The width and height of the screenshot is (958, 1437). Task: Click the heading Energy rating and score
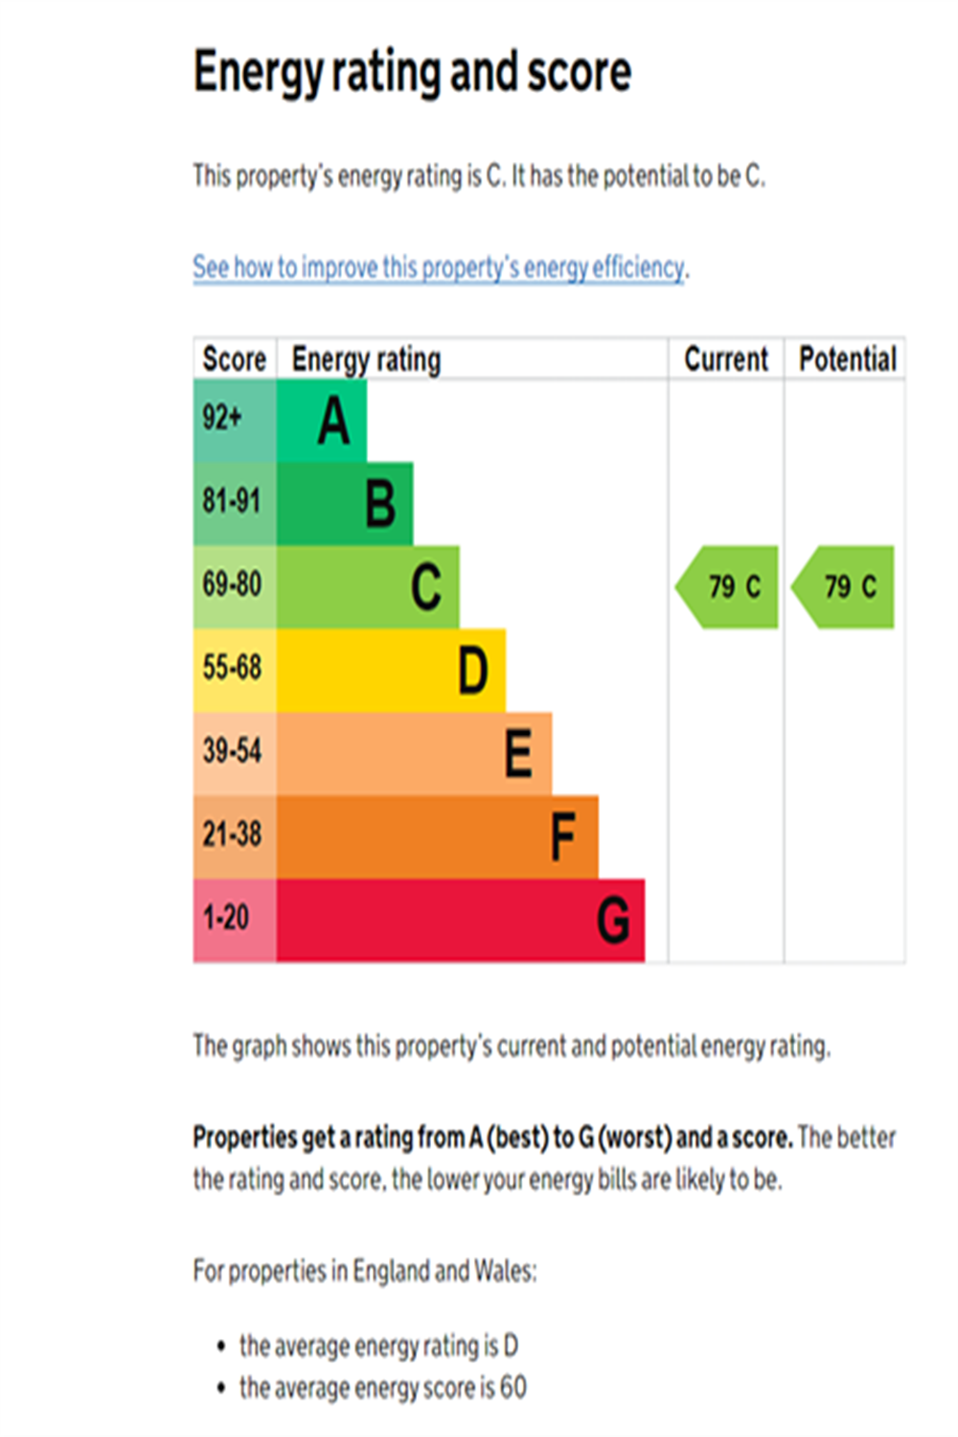pos(412,73)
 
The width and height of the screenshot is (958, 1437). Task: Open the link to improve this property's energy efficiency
pos(439,267)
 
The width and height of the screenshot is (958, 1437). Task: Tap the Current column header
pos(725,359)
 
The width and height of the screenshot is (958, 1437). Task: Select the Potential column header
pos(847,359)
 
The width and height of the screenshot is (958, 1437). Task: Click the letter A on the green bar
pos(333,422)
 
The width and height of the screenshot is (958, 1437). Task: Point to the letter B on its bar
pos(380,504)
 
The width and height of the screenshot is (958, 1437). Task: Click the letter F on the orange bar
pos(563,836)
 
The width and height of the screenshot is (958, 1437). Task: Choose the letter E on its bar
pos(518,753)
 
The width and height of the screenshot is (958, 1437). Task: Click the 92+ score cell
pos(223,419)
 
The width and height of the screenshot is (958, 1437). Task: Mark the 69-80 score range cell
pos(232,584)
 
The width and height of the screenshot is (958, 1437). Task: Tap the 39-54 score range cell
pos(232,751)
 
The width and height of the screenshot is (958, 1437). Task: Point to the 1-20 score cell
pos(226,918)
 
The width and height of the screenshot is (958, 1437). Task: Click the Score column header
pos(234,359)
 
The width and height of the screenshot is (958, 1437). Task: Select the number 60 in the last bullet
pos(513,1387)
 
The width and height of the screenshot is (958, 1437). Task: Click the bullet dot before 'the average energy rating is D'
pos(221,1346)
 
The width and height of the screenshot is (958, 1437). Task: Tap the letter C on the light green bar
pos(426,587)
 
